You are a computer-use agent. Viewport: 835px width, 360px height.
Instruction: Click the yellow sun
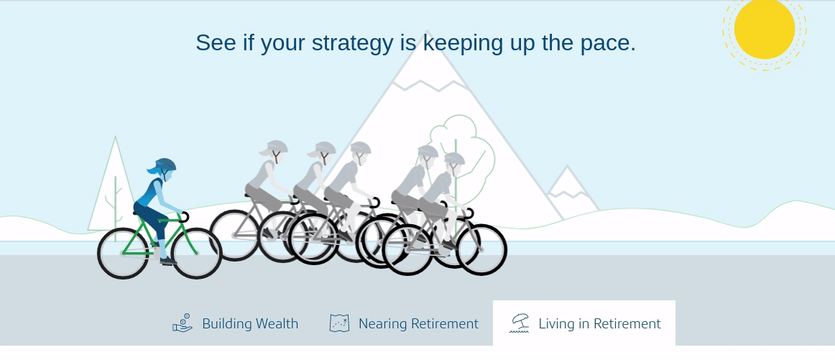[x=764, y=29]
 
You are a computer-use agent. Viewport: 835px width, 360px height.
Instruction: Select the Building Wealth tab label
[x=250, y=323]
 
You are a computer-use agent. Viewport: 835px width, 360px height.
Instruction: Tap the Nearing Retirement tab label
[x=418, y=323]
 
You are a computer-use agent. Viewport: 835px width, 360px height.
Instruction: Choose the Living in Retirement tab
[x=584, y=323]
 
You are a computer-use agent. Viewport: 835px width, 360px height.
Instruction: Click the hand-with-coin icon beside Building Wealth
[x=183, y=323]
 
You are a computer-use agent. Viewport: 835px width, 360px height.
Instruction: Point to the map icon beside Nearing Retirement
[x=339, y=323]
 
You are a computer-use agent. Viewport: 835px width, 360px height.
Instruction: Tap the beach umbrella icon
[x=520, y=323]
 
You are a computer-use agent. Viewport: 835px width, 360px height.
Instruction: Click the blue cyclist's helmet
[x=165, y=165]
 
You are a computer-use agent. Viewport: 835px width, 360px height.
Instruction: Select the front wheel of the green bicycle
[x=196, y=254]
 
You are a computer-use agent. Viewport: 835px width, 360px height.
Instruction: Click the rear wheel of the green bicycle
[x=123, y=254]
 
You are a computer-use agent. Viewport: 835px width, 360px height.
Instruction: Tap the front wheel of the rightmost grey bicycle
[x=481, y=249]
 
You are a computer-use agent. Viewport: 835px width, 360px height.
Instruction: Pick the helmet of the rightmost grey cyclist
[x=454, y=159]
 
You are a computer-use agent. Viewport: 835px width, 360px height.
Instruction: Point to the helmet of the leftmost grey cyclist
[x=277, y=147]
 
